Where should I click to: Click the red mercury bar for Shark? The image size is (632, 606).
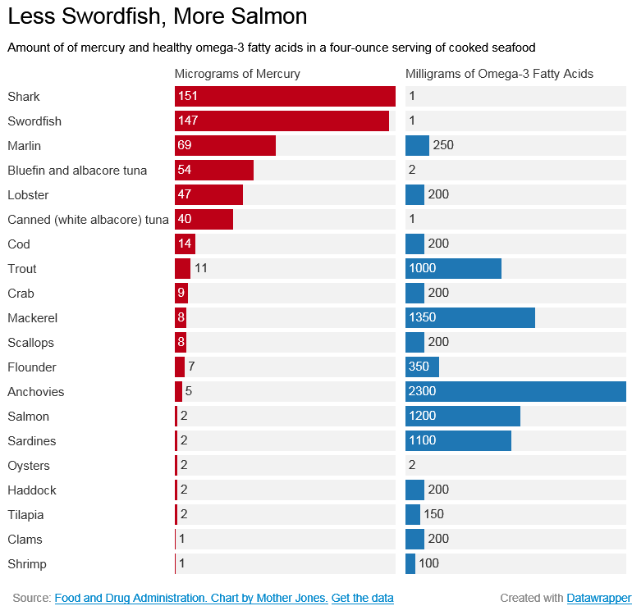click(285, 96)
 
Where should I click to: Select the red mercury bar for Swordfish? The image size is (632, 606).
click(282, 121)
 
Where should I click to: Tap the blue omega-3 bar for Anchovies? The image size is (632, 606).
click(515, 391)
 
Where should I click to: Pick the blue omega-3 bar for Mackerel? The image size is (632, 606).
click(470, 317)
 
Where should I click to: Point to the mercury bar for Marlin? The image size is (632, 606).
click(225, 145)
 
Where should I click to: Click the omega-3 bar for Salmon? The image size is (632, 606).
click(463, 416)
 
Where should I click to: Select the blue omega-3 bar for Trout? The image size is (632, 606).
click(453, 268)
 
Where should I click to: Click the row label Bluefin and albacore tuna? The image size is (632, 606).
click(77, 171)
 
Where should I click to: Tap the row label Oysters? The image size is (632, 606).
click(29, 466)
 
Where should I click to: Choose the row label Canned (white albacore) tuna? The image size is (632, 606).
click(88, 220)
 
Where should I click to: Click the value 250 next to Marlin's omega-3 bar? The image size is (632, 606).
click(443, 145)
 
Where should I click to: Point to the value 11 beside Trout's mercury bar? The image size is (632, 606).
click(201, 268)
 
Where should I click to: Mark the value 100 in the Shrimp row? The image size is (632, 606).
click(429, 564)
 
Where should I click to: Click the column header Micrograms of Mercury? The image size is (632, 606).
click(237, 74)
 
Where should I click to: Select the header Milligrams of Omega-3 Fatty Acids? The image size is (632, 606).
click(499, 74)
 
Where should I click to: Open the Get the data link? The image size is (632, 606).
click(362, 598)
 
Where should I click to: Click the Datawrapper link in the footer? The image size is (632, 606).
click(599, 598)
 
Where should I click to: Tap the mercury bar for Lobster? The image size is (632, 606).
click(208, 194)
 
